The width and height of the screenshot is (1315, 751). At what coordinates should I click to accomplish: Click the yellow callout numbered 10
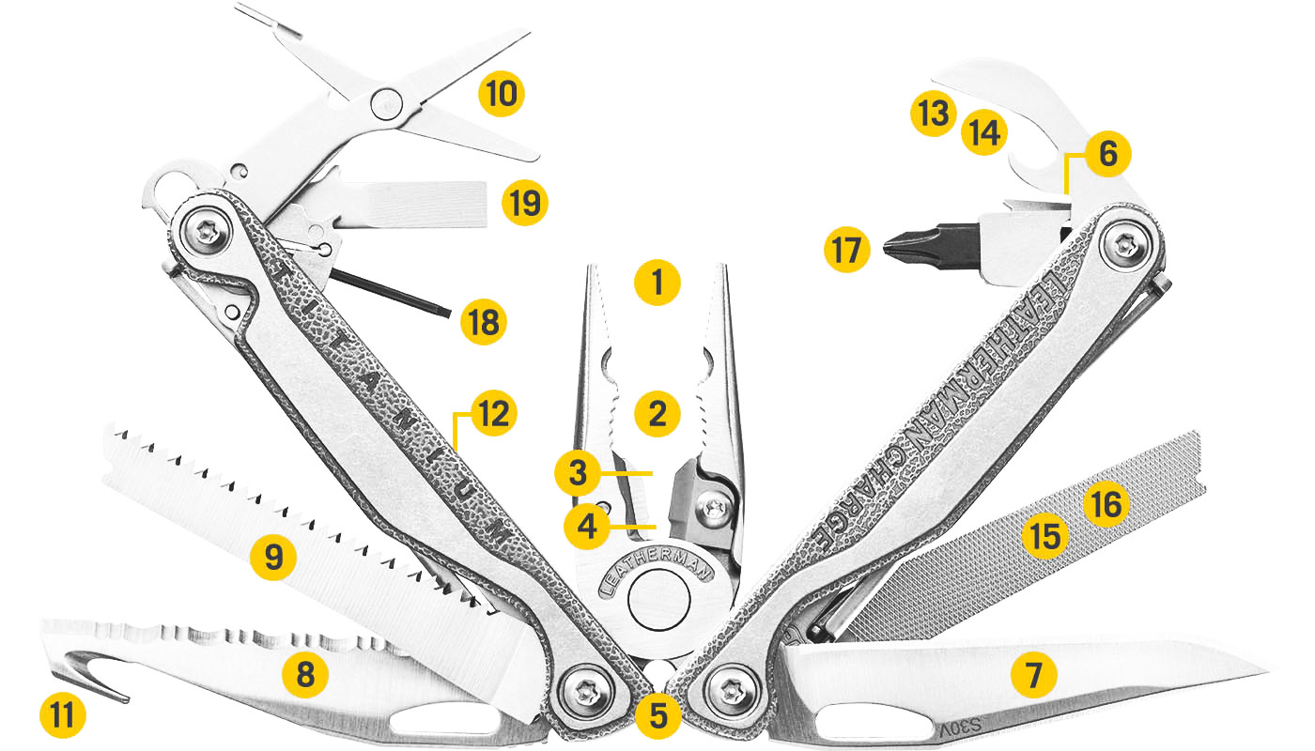pos(501,94)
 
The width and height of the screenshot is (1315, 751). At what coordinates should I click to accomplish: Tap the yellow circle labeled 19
pos(524,201)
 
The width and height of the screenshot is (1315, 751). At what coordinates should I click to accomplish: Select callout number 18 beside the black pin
pos(483,321)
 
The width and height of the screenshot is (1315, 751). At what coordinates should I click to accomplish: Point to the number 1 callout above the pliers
pos(657,281)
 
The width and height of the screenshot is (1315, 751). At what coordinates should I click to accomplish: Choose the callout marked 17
pos(847,251)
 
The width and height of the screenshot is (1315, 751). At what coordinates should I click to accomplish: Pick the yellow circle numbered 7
pos(1033,674)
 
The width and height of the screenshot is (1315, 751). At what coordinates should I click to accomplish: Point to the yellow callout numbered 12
pos(495,414)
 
